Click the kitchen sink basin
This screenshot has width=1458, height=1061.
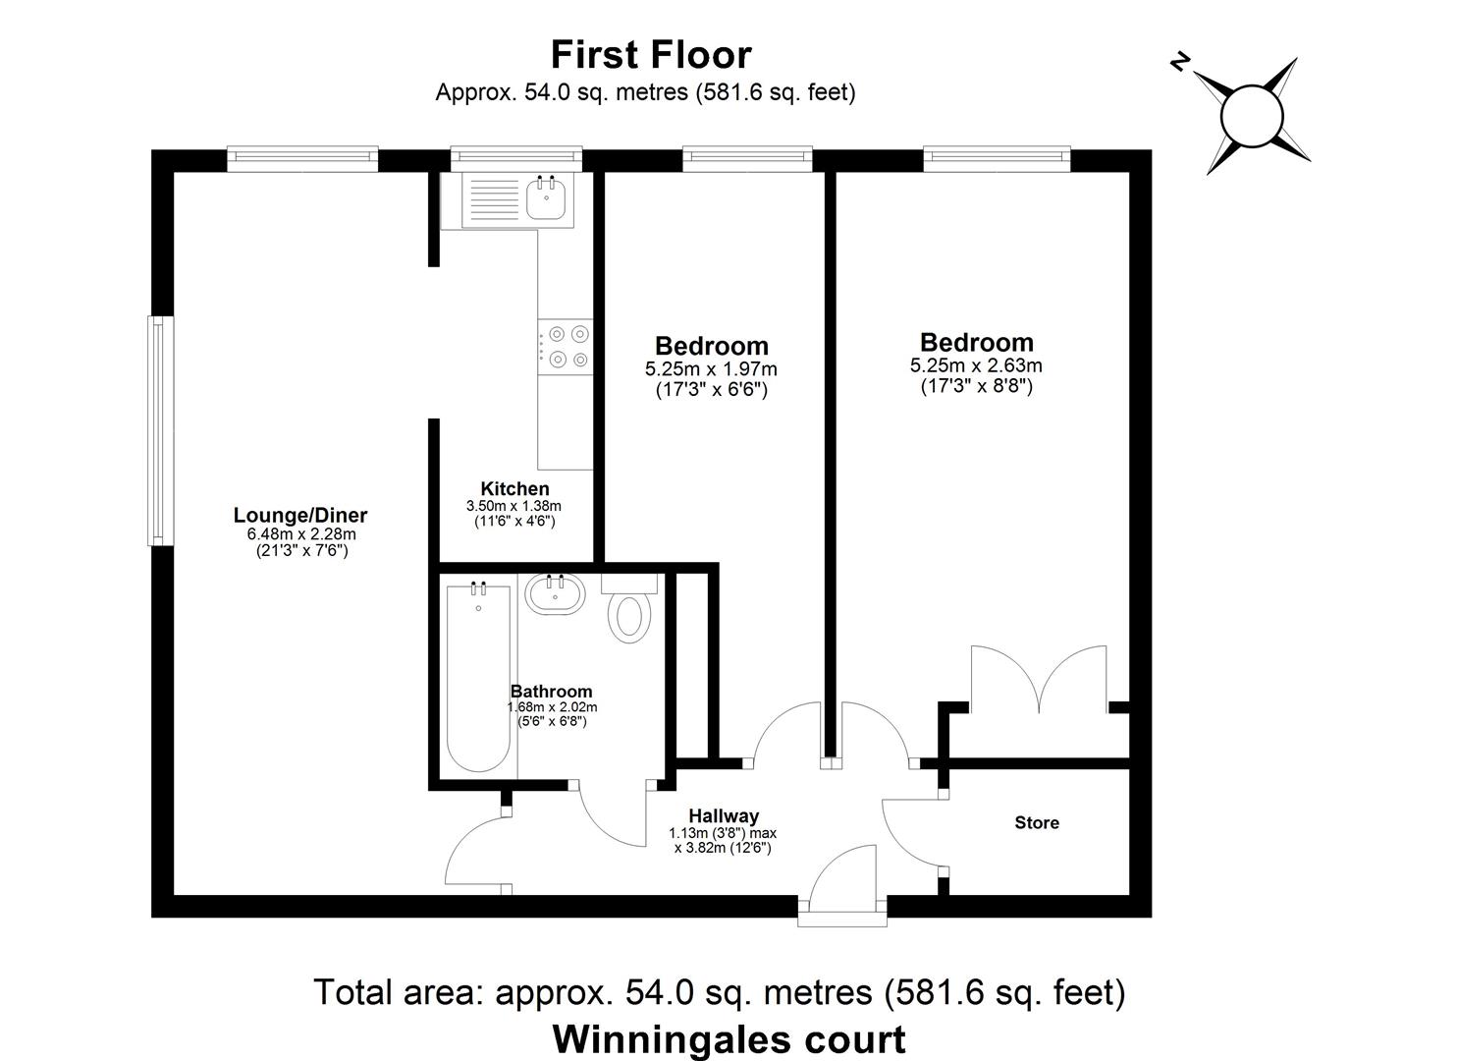tap(546, 199)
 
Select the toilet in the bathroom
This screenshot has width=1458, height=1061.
tap(629, 613)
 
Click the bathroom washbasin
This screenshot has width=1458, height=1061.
tap(555, 594)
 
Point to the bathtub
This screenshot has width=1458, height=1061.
tap(479, 678)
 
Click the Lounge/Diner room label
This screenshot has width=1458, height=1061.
tap(299, 515)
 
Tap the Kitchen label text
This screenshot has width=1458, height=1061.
tap(514, 488)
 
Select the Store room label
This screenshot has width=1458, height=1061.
tap(1037, 822)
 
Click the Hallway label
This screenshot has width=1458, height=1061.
tap(723, 815)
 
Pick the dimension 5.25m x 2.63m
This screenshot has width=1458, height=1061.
tap(976, 365)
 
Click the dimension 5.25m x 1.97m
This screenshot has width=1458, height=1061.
tap(711, 369)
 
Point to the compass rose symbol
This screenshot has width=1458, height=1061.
tap(1252, 116)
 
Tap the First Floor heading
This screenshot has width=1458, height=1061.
tap(650, 55)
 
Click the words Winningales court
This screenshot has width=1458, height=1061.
tap(729, 1037)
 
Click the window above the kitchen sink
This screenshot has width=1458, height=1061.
tap(515, 157)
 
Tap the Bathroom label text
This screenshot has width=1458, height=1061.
tap(551, 692)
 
